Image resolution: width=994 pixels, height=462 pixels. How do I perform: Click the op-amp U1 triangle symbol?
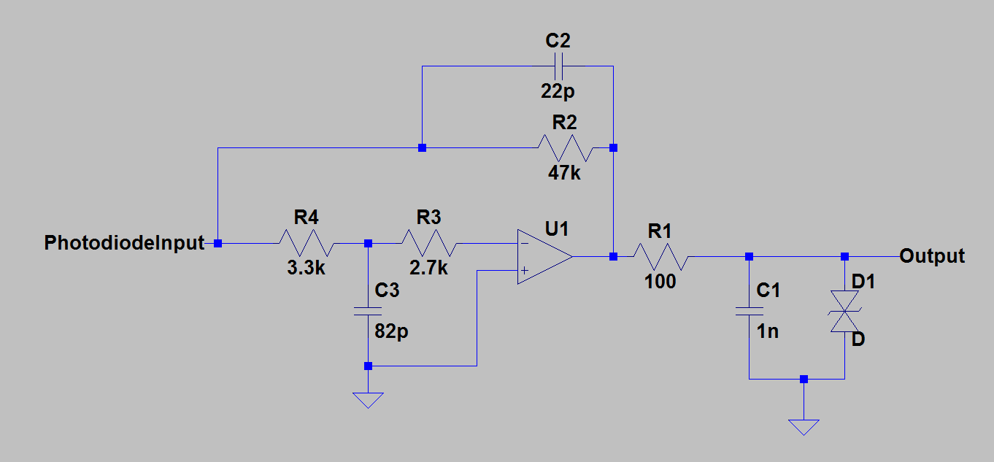[542, 257]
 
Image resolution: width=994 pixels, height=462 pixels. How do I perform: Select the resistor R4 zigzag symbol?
[307, 243]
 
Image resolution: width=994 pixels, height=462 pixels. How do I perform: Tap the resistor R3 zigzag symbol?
[429, 243]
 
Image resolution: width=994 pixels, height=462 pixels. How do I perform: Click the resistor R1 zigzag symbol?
[660, 257]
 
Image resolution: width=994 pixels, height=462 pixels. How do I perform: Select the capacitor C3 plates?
[368, 311]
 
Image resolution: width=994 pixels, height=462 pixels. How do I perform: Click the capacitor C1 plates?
[749, 311]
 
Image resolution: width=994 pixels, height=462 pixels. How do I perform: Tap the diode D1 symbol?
[844, 311]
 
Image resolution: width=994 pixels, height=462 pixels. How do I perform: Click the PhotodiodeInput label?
[125, 243]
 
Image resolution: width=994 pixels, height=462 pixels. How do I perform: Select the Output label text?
[932, 256]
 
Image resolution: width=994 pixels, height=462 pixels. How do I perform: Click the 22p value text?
[558, 91]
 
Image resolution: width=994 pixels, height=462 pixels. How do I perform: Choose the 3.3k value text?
[307, 267]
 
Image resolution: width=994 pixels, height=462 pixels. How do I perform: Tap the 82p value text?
[391, 331]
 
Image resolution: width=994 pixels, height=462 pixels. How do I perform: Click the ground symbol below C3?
[368, 400]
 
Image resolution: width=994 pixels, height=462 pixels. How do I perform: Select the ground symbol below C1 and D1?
[804, 427]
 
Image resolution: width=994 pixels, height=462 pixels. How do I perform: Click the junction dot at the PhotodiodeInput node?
[218, 243]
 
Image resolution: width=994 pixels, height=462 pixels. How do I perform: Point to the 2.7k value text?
[429, 267]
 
